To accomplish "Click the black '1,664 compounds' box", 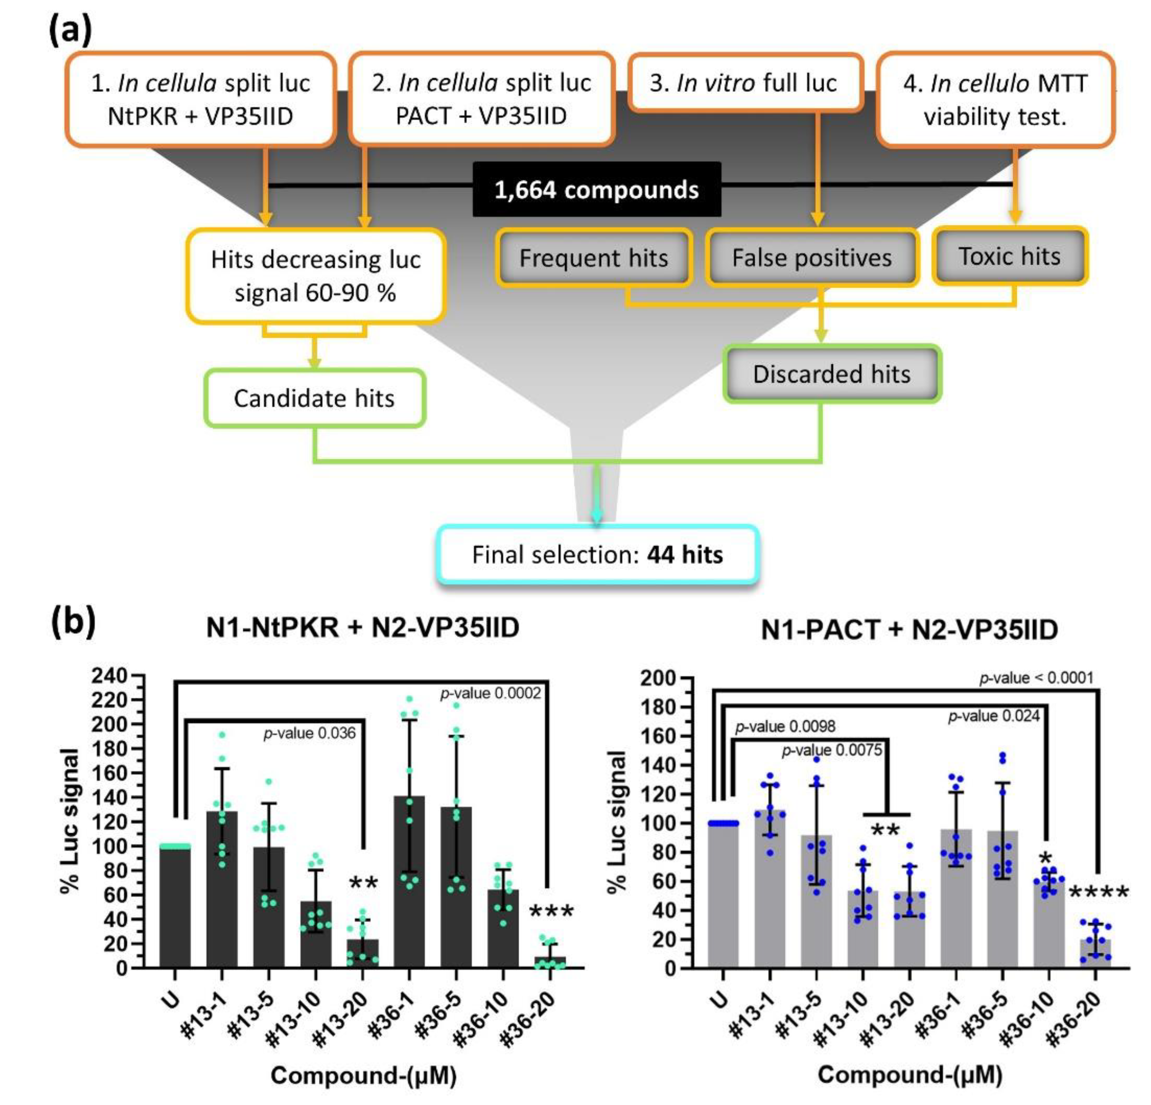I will tap(597, 189).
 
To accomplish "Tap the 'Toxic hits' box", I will tap(1009, 256).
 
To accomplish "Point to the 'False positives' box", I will tap(811, 257).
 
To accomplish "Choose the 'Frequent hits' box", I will tap(594, 258).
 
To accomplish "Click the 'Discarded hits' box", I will tap(831, 374).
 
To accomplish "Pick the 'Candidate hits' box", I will tap(314, 398).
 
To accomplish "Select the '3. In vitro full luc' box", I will tap(744, 83).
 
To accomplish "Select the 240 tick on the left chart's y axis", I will tap(109, 676).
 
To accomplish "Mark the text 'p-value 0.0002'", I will tap(490, 694).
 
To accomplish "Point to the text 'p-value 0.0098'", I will tap(785, 727).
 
